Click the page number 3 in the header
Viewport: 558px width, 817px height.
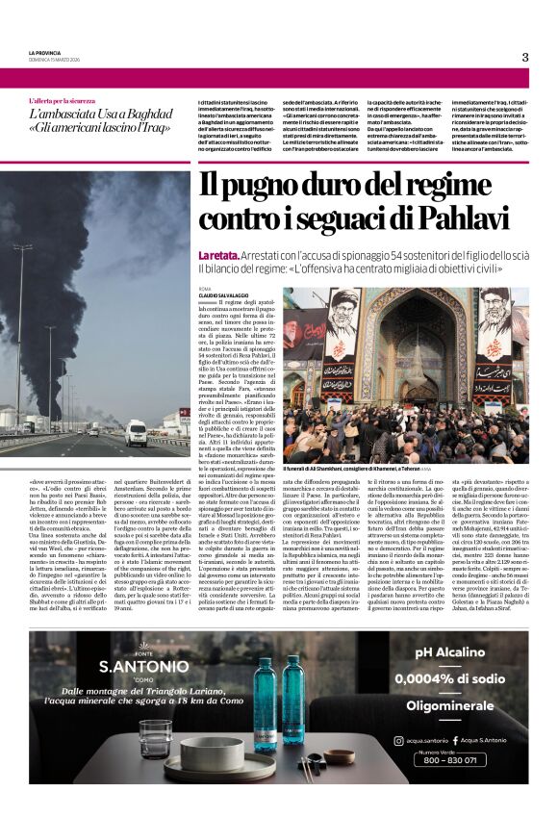point(525,57)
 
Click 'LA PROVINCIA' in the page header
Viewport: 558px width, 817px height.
point(44,53)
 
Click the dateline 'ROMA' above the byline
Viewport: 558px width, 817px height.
point(204,288)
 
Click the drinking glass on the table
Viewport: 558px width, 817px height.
point(154,738)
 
